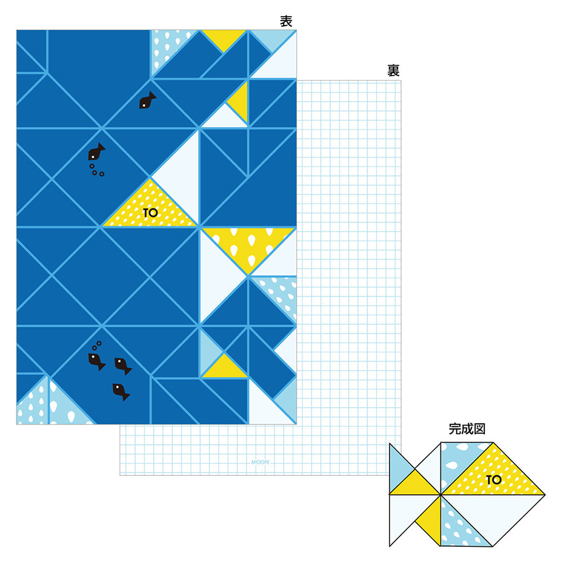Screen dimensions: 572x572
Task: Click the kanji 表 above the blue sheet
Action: pyautogui.click(x=286, y=22)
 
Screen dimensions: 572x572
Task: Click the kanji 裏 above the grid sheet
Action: pyautogui.click(x=393, y=71)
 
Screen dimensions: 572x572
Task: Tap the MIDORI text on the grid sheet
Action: pyautogui.click(x=260, y=460)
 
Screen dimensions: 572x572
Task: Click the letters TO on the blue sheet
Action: pyautogui.click(x=150, y=213)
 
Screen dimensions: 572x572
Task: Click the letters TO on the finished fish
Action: pyautogui.click(x=494, y=480)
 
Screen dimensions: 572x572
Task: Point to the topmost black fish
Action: pyautogui.click(x=147, y=101)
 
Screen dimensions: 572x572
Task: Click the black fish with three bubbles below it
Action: pyautogui.click(x=96, y=152)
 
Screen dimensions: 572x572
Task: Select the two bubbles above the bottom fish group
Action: pyautogui.click(x=96, y=345)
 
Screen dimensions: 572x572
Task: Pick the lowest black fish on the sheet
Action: pyautogui.click(x=121, y=391)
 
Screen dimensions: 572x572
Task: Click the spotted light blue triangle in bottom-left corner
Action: pyautogui.click(x=31, y=407)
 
